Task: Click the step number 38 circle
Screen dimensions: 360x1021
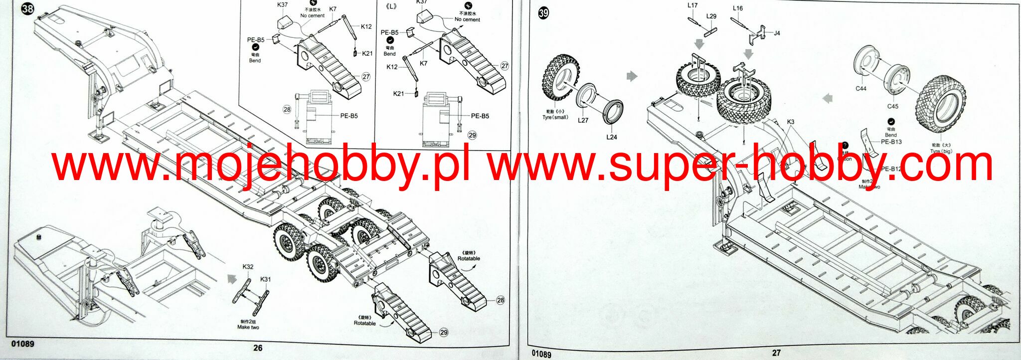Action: click(27, 9)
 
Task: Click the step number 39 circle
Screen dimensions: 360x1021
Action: click(543, 13)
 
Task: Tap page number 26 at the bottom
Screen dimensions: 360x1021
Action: click(257, 348)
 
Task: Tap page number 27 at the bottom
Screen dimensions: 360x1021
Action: click(776, 353)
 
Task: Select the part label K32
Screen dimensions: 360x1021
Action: click(248, 267)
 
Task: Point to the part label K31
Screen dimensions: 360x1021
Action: click(265, 279)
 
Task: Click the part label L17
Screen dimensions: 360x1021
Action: click(692, 5)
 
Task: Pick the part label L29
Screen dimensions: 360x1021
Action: click(711, 16)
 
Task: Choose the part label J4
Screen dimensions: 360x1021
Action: click(777, 33)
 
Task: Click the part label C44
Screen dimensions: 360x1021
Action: click(861, 89)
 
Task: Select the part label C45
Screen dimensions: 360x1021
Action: click(892, 106)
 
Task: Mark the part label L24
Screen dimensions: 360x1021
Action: click(612, 137)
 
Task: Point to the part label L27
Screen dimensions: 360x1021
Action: click(583, 120)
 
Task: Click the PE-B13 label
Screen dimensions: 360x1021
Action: click(891, 142)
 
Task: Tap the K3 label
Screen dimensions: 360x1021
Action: click(791, 122)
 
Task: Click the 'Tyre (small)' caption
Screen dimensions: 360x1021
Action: click(555, 118)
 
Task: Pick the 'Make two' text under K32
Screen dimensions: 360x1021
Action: click(248, 328)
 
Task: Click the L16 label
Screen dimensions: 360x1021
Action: click(738, 8)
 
